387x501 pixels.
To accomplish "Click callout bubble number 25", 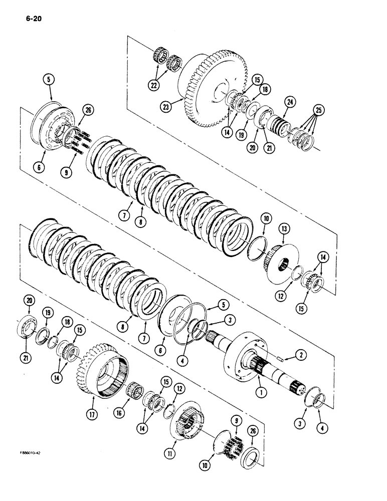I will tap(317, 110).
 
